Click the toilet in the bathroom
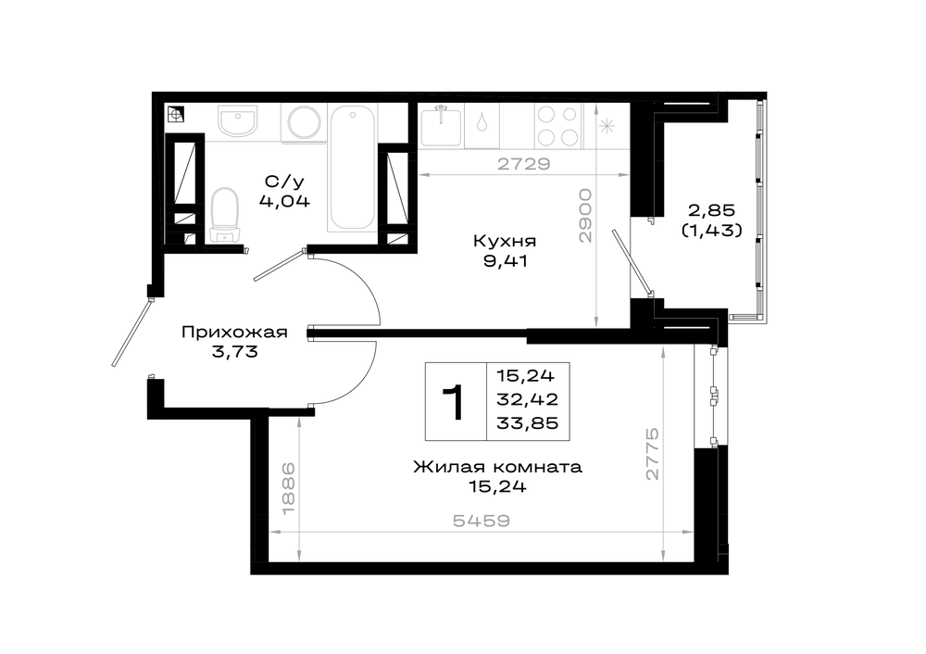coord(224,216)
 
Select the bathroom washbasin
coord(238,120)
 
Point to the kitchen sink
coord(441,126)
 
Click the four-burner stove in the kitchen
coord(558,126)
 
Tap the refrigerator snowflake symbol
coord(607,126)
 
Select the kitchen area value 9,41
coord(505,261)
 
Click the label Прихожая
coord(234,332)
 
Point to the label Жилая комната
coord(497,467)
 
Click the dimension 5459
coord(482,521)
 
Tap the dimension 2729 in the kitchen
coord(524,164)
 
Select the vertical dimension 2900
coord(584,216)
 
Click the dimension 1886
coord(288,488)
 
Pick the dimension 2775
coord(651,454)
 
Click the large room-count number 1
coord(456,402)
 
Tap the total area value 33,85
coord(528,423)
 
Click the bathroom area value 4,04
coord(284,201)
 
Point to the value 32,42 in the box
coord(528,399)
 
